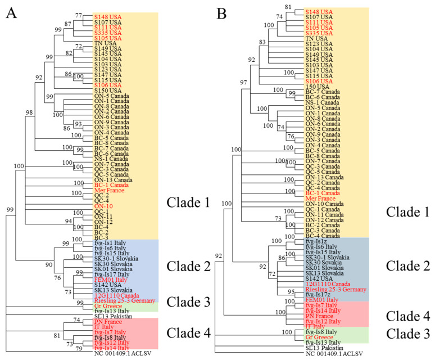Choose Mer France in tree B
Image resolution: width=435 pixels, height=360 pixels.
tap(320, 199)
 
